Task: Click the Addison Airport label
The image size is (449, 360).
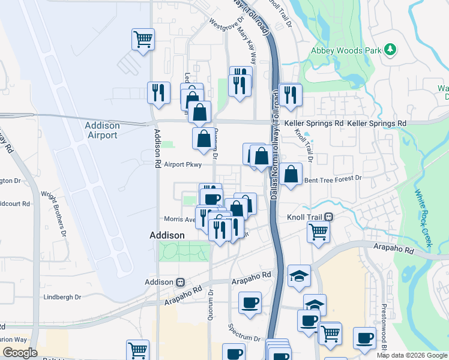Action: point(102,130)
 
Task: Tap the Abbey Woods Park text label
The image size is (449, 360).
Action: point(346,51)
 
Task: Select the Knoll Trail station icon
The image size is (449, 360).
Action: point(329,217)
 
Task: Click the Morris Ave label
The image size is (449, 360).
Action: point(179,220)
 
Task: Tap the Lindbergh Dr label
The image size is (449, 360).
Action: point(62,297)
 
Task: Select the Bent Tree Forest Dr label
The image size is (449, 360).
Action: point(333,179)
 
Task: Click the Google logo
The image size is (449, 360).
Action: point(20,353)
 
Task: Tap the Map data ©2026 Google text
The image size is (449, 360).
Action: point(412,355)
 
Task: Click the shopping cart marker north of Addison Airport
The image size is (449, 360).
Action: point(143,41)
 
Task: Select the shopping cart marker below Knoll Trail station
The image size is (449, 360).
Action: point(318,231)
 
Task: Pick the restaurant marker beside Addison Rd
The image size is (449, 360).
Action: point(158,92)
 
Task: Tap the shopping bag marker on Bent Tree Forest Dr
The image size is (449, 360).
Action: point(291,175)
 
